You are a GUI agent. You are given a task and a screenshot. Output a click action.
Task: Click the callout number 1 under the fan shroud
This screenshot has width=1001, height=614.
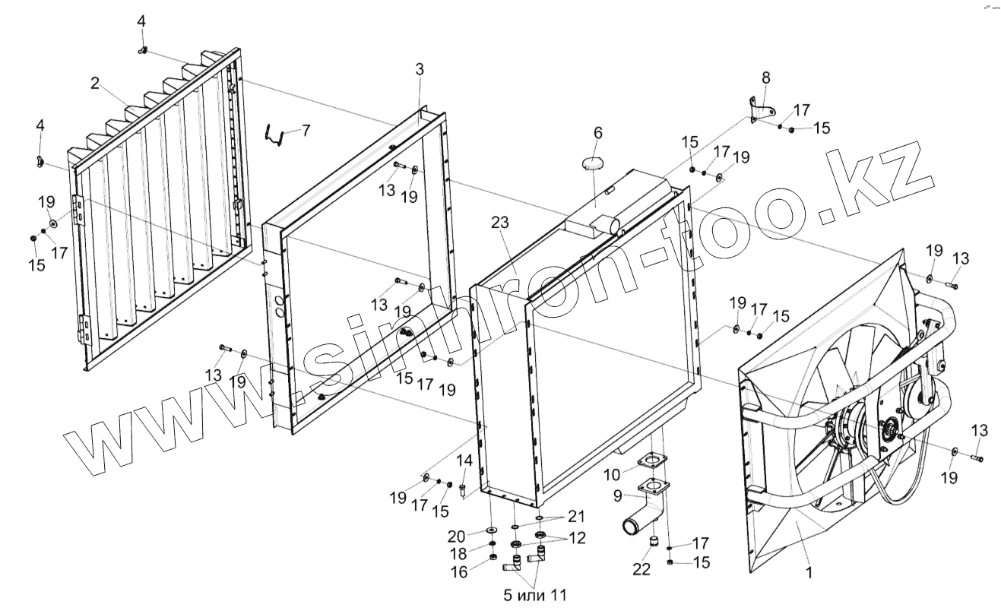[x=809, y=574]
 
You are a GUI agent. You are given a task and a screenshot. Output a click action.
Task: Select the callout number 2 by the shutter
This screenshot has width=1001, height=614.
[x=95, y=84]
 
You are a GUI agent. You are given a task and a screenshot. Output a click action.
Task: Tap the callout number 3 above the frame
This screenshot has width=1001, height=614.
[x=420, y=69]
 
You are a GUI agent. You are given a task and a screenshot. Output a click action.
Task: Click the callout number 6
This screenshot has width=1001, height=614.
[x=598, y=133]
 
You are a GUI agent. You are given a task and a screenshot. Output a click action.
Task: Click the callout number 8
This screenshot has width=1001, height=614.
[x=765, y=77]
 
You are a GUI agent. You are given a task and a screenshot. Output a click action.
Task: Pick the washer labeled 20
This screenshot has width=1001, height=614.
[x=491, y=529]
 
